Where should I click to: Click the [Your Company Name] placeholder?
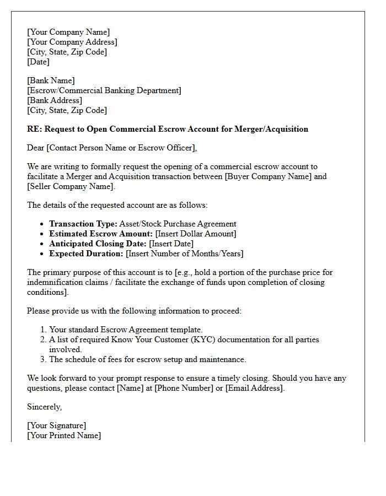click(68, 33)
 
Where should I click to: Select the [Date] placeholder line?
click(38, 62)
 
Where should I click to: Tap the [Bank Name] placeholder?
click(51, 81)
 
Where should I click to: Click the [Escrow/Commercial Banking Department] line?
click(104, 91)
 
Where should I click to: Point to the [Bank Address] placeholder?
click(55, 101)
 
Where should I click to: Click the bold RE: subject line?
click(168, 129)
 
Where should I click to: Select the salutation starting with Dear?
click(111, 148)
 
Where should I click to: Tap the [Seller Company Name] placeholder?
click(71, 187)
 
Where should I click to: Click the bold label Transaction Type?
click(83, 224)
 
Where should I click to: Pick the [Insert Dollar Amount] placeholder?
click(196, 234)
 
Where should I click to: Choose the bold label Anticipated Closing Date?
click(97, 244)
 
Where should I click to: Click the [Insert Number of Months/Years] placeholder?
click(184, 254)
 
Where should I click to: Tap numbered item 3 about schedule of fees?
click(147, 360)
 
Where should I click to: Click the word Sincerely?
click(45, 407)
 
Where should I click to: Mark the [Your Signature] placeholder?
click(56, 426)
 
